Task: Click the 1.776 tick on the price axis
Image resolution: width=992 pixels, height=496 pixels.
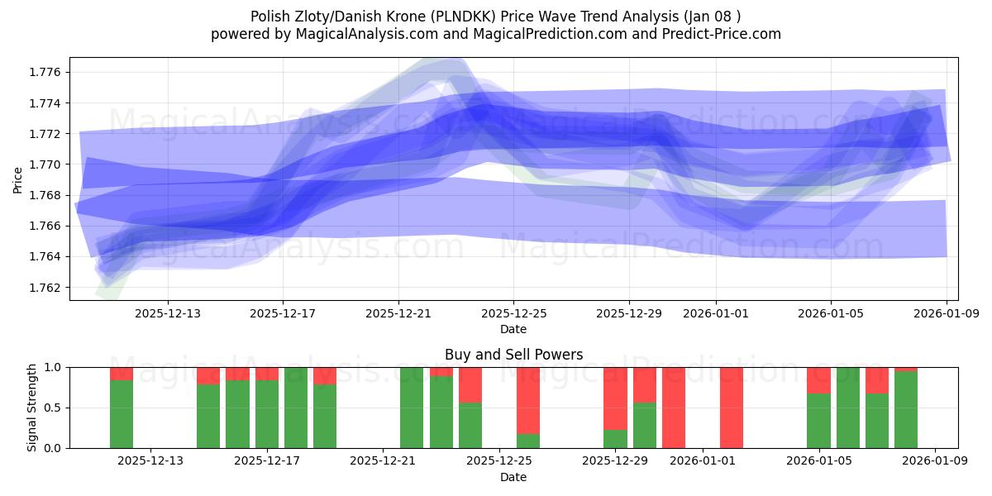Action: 45,73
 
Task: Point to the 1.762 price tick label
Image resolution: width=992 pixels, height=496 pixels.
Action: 45,288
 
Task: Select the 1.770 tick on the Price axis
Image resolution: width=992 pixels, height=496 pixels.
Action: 45,165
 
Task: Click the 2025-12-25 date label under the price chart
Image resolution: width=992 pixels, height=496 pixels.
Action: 513,314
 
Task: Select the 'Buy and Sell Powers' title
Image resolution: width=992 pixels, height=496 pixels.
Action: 513,355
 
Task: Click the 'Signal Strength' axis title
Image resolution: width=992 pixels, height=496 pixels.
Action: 32,408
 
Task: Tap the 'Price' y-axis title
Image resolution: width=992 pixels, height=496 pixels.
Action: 18,179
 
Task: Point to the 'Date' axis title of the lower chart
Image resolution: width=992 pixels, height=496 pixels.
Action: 513,477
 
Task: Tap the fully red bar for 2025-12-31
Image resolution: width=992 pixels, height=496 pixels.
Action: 674,408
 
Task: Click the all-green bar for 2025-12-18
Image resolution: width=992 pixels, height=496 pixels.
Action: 296,408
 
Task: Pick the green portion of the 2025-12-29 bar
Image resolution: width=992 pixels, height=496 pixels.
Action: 615,439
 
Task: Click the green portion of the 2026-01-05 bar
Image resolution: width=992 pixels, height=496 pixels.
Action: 818,421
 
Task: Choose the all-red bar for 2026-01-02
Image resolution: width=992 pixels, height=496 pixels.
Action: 732,408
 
